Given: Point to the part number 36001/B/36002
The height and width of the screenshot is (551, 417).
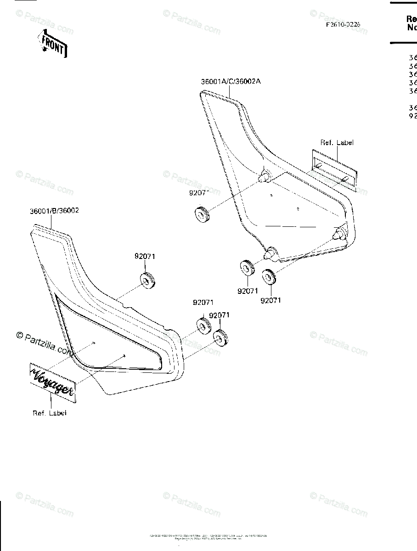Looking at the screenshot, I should (54, 211).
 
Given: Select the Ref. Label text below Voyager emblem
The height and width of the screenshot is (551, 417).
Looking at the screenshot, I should (50, 413).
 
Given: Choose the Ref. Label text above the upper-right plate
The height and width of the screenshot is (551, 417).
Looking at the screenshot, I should (337, 143).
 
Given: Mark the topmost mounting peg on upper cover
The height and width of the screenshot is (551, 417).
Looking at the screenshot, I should (265, 175).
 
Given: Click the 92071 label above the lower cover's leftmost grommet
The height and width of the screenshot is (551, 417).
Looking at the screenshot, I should (145, 257).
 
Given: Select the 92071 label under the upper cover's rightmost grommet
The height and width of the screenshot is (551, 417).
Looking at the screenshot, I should (270, 301).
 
